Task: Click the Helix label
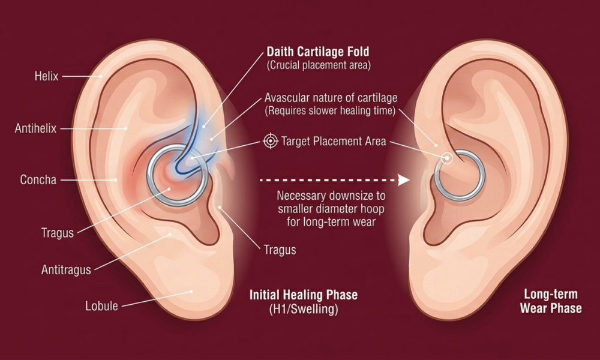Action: [x=46, y=76]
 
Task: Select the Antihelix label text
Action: [x=35, y=128]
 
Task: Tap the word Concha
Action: [x=38, y=179]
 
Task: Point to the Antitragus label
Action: [x=66, y=270]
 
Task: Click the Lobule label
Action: [x=101, y=306]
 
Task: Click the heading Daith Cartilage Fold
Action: [x=318, y=52]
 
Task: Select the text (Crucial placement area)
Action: [x=319, y=65]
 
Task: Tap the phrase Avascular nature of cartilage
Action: [x=331, y=98]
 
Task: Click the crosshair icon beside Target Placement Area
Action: [x=271, y=141]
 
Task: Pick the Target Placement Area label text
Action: [x=334, y=141]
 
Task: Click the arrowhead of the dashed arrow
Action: [x=403, y=180]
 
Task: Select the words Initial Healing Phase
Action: [x=304, y=295]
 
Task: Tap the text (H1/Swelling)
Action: [x=304, y=309]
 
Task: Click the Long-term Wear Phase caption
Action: [x=551, y=301]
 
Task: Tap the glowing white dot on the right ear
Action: [x=446, y=158]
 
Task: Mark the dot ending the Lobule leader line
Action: [x=191, y=292]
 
